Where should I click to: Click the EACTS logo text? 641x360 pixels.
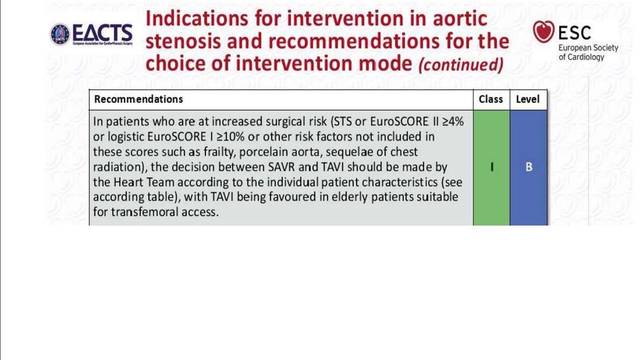tap(102, 33)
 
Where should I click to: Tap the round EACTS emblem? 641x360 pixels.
tap(60, 34)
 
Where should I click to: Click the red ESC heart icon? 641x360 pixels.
tap(543, 31)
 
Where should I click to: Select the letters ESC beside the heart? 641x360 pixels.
tap(575, 33)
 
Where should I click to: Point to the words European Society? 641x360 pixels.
tap(588, 48)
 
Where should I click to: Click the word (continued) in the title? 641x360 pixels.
tap(461, 64)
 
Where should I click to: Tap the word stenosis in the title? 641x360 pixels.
tap(183, 41)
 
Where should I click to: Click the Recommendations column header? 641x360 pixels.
tap(138, 99)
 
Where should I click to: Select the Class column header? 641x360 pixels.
tap(491, 99)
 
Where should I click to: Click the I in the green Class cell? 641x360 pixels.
tap(492, 167)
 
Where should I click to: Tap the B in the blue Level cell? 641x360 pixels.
tap(528, 167)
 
